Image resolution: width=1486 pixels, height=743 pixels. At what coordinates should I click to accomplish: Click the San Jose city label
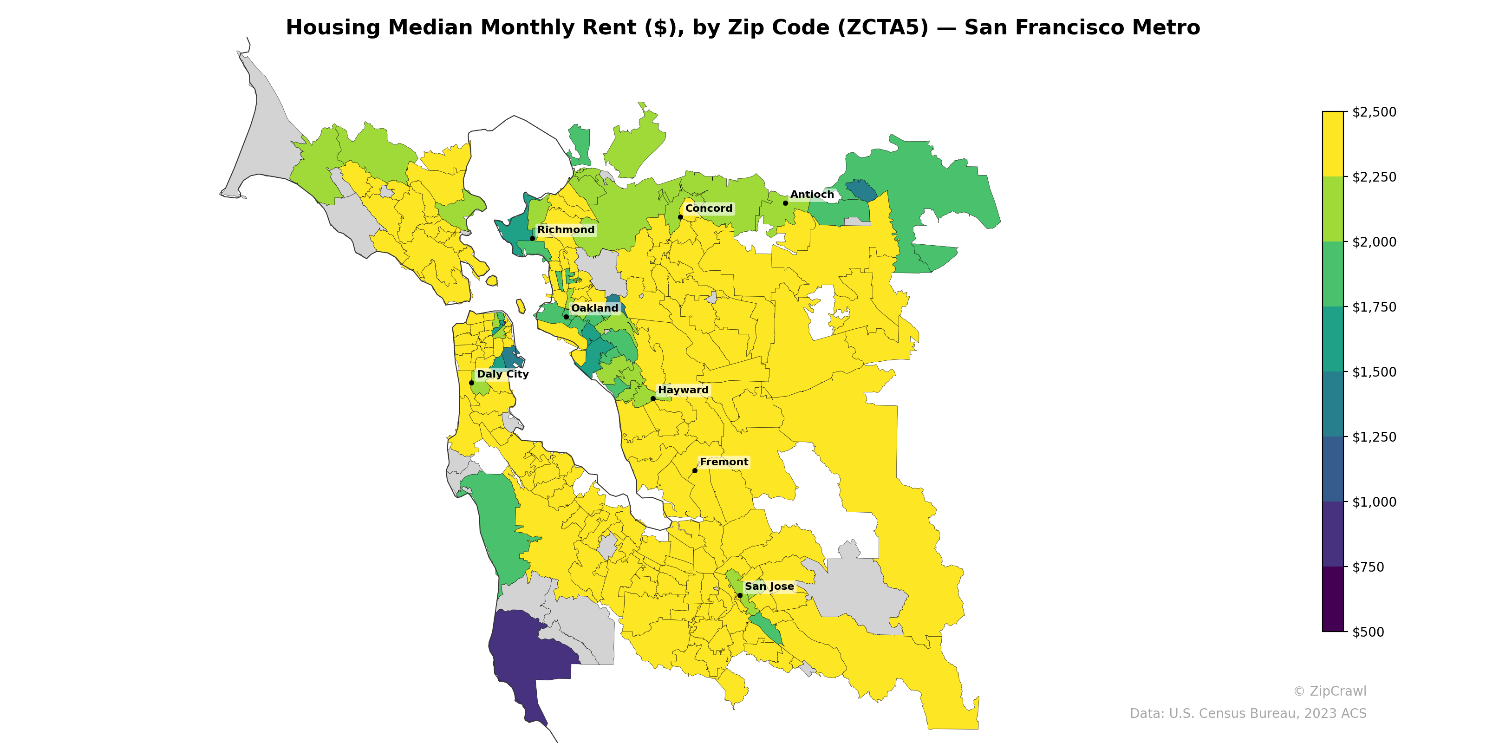click(769, 586)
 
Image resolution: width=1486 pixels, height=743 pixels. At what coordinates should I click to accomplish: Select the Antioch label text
click(812, 195)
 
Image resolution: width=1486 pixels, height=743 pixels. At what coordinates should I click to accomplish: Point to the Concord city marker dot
click(680, 217)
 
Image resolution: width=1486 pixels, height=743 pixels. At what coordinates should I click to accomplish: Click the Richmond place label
click(565, 229)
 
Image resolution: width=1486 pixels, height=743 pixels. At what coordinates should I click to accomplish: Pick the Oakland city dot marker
click(566, 317)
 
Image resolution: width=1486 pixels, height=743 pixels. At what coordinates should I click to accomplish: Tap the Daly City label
click(502, 374)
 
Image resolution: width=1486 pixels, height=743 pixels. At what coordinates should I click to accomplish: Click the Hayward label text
click(683, 390)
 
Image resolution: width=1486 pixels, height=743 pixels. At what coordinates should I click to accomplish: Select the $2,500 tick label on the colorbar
click(1374, 112)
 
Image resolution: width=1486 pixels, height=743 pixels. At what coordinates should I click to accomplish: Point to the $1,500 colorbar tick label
click(1374, 372)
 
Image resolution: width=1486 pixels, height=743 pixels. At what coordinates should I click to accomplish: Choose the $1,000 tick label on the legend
click(1374, 502)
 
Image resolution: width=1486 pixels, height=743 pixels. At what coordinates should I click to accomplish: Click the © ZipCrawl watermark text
click(1329, 691)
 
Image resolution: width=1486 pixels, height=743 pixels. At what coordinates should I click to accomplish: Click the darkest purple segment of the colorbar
click(1333, 599)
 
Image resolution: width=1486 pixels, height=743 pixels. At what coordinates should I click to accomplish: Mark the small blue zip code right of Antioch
click(861, 191)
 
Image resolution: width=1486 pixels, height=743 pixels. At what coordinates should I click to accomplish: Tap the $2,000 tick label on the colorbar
click(1374, 241)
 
